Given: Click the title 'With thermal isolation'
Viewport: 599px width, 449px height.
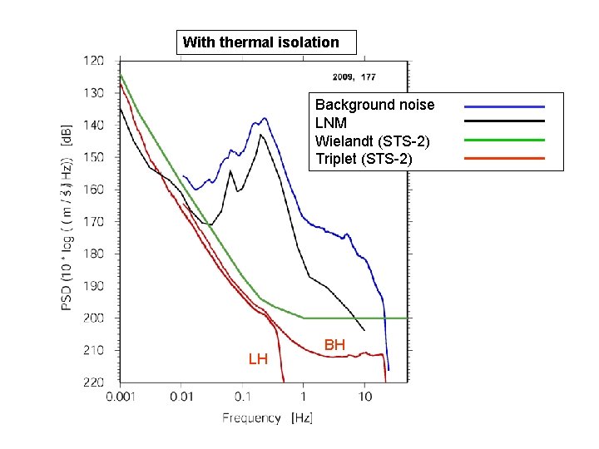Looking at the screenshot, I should point(260,42).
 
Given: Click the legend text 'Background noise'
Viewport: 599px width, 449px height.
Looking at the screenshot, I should point(374,105).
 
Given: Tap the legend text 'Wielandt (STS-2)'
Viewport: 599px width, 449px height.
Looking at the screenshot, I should point(372,141).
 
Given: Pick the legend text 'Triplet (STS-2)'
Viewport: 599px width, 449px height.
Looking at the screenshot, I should point(364,158).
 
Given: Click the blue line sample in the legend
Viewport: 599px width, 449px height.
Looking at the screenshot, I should point(503,106).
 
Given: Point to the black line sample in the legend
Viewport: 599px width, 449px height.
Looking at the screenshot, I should point(503,122).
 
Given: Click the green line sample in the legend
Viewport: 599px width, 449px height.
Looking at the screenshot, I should point(503,140).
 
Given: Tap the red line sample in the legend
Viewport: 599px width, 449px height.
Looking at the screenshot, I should point(503,157).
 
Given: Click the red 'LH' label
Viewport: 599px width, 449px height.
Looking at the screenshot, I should point(258,359).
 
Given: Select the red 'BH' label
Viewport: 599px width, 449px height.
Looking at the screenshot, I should point(334,344).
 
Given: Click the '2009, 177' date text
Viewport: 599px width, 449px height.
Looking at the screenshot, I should point(354,77).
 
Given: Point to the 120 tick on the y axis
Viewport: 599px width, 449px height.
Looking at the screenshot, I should point(93,61).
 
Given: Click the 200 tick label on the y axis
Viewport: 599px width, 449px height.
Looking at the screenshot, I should point(93,318).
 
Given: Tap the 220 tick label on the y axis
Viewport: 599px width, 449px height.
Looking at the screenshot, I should point(93,382).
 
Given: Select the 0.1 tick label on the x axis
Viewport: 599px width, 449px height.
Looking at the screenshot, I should point(242,398).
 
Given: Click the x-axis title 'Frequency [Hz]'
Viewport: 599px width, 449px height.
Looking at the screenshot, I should point(267,417).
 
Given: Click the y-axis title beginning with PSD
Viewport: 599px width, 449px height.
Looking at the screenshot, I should point(66,221).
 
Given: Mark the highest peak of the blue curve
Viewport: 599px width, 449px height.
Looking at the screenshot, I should point(265,118).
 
